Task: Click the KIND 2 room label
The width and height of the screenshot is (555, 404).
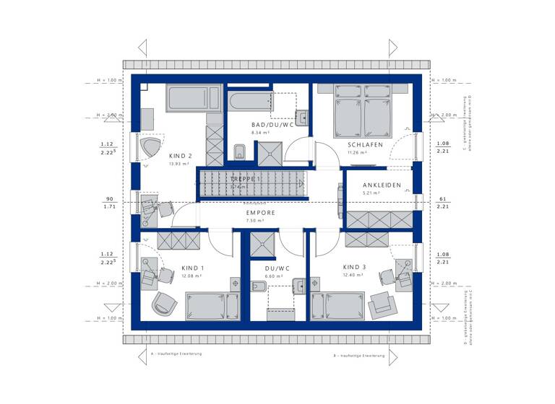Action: click(180, 156)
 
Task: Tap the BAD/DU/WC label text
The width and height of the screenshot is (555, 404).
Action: click(267, 124)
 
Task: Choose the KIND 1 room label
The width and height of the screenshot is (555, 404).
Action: click(193, 267)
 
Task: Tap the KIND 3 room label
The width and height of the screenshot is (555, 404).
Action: click(354, 267)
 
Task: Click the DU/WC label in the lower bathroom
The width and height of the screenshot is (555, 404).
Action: click(277, 268)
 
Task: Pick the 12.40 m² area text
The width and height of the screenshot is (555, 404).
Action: click(353, 276)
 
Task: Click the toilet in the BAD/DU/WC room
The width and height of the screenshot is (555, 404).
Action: click(241, 151)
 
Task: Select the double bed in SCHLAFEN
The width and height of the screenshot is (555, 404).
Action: click(363, 112)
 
